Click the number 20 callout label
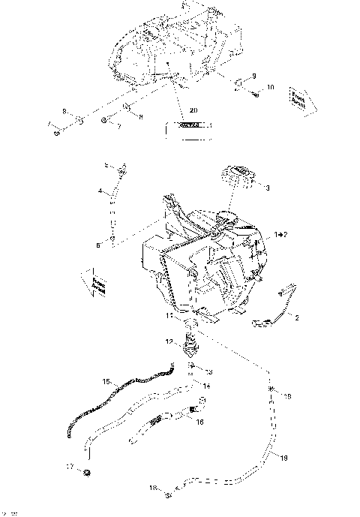pos(193,110)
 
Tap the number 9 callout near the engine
pos(253,76)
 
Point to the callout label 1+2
pos(280,235)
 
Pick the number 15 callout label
pos(106,382)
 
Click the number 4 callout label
pos(100,191)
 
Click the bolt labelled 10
pos(256,94)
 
